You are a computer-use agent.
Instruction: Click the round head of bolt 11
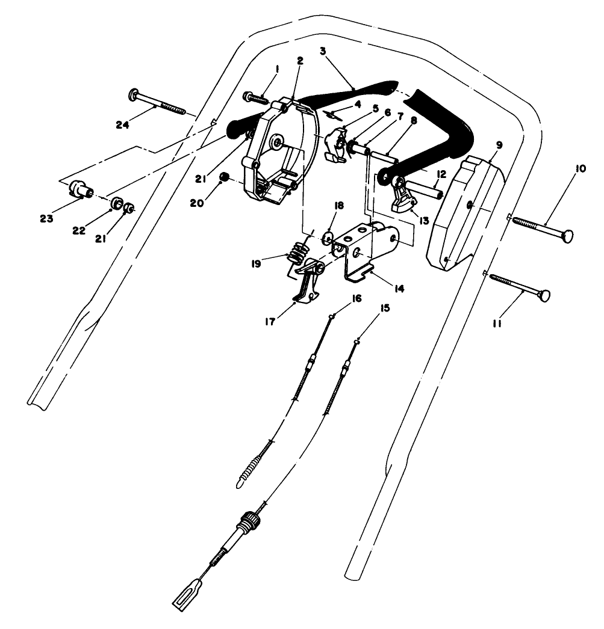[x=546, y=296]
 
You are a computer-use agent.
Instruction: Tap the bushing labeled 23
[x=79, y=188]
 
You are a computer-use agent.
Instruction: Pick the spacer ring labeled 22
[x=114, y=201]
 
